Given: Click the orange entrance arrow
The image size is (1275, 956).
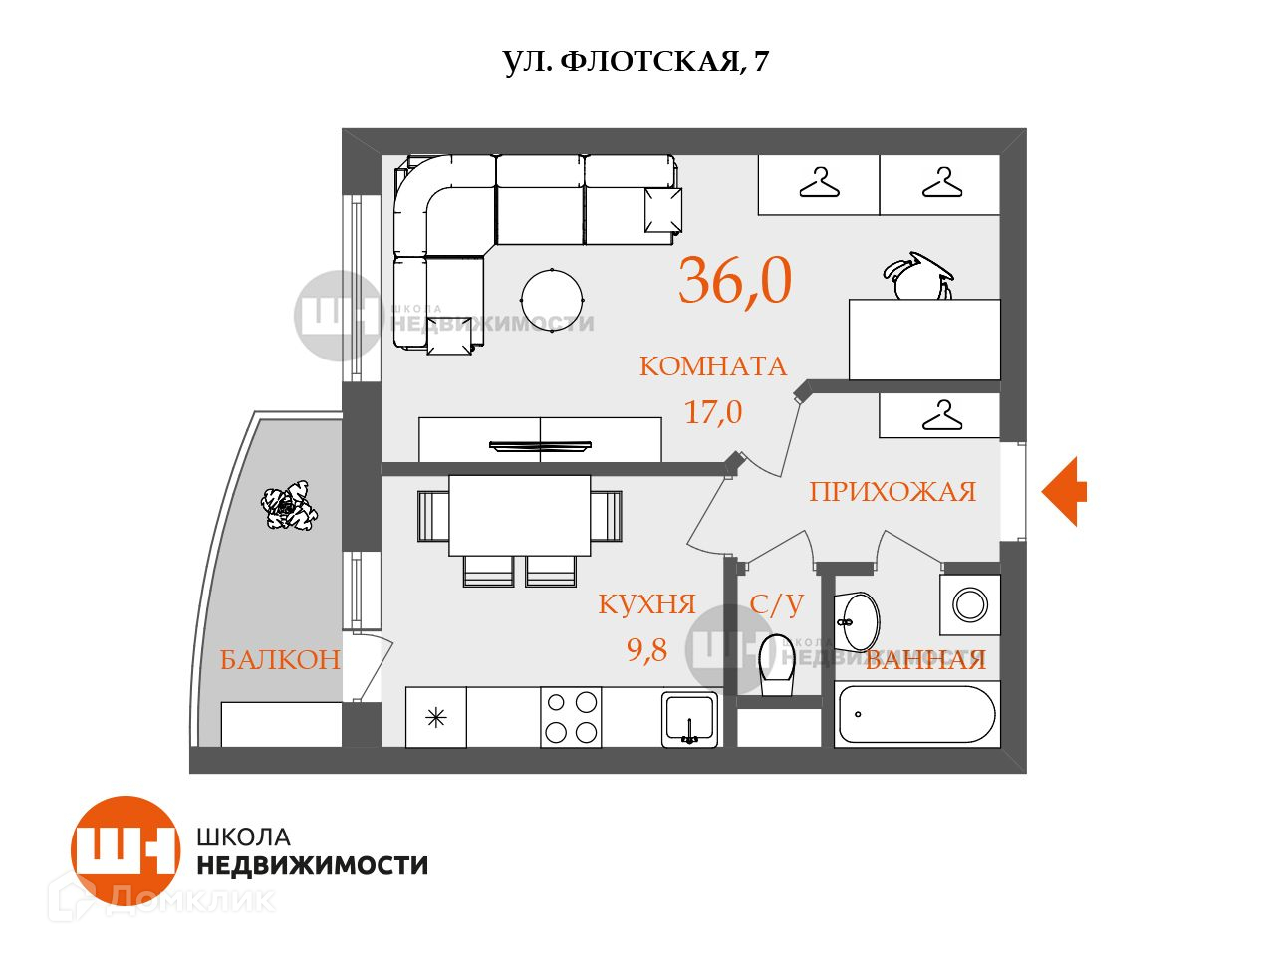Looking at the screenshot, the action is pyautogui.click(x=1064, y=491).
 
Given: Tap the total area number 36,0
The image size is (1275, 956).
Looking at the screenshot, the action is pyautogui.click(x=735, y=280).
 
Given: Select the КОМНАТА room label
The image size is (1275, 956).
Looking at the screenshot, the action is pyautogui.click(x=712, y=366).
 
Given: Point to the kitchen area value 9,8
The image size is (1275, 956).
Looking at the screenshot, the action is pyautogui.click(x=646, y=650).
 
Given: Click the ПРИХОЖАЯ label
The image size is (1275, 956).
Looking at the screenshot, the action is pyautogui.click(x=892, y=492).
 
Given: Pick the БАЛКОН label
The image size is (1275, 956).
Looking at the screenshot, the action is pyautogui.click(x=280, y=659).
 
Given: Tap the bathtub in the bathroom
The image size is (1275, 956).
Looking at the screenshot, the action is pyautogui.click(x=916, y=714).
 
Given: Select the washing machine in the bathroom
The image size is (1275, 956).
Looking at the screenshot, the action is pyautogui.click(x=970, y=604).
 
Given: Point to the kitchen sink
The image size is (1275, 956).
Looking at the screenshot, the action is pyautogui.click(x=689, y=717).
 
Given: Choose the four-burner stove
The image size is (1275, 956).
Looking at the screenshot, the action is pyautogui.click(x=572, y=717).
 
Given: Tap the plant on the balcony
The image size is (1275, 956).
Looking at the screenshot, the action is pyautogui.click(x=290, y=507).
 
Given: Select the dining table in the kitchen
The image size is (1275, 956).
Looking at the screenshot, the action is pyautogui.click(x=519, y=515).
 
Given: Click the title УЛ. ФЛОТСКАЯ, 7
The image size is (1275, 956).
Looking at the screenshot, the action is pyautogui.click(x=636, y=62).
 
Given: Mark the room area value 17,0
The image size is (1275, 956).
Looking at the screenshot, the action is pyautogui.click(x=712, y=411).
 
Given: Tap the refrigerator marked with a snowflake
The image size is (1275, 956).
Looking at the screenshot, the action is pyautogui.click(x=436, y=717).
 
